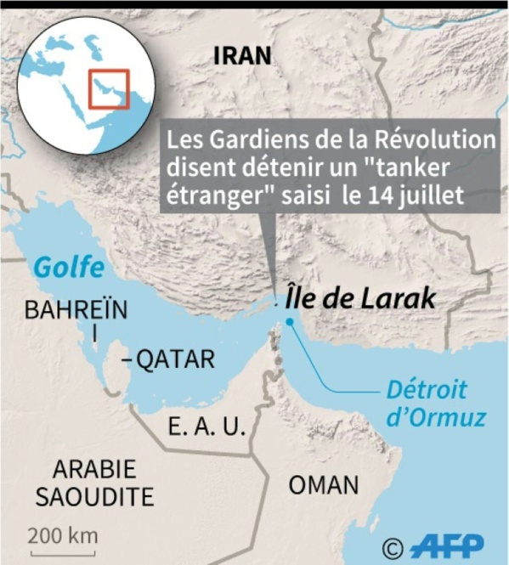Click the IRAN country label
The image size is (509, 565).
243,56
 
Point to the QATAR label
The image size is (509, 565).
176,360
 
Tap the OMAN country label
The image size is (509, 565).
324,486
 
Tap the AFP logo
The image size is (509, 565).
448,545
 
